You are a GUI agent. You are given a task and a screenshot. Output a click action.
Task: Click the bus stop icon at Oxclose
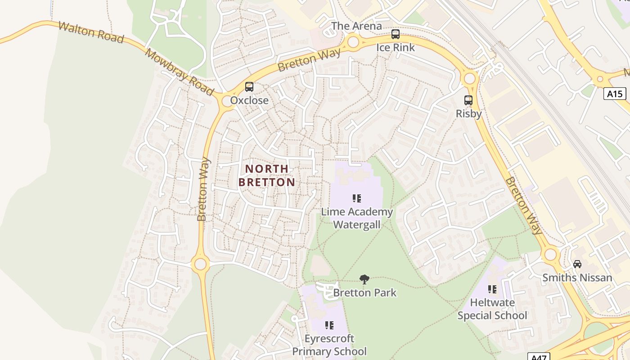coord(249,87)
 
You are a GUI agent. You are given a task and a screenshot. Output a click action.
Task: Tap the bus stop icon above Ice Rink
coord(395,34)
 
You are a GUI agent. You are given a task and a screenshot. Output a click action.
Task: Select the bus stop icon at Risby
coord(468,100)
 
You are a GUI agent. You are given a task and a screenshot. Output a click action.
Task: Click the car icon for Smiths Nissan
coord(577,264)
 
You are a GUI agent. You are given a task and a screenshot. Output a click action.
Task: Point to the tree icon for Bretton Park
coord(364,279)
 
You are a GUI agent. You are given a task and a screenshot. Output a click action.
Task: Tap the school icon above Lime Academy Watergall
coord(357,198)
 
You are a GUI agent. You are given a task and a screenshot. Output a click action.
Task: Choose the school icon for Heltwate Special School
coord(492,289)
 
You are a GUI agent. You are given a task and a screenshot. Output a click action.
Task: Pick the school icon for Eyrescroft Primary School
coord(329,325)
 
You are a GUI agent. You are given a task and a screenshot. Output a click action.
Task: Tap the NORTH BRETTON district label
coord(267,175)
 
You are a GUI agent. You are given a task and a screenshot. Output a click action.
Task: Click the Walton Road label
coord(91,32)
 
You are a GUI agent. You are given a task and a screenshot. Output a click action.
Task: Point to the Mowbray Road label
coord(179,72)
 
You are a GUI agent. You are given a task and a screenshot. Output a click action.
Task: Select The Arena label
coord(356,26)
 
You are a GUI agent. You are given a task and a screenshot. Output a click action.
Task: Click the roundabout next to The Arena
coord(353,42)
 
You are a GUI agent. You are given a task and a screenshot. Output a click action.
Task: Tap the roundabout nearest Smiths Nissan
coord(550,255)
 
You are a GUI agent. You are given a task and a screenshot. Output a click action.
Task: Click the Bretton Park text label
coord(364,293)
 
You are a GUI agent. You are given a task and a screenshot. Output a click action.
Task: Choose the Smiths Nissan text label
coord(577,278)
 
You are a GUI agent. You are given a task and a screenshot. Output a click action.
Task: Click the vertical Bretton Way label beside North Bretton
coord(203,189)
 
